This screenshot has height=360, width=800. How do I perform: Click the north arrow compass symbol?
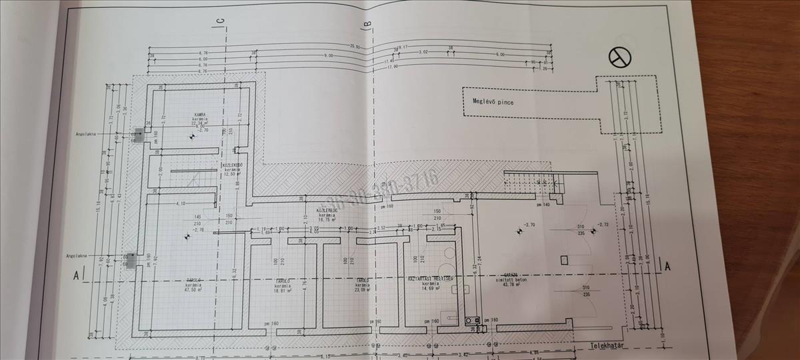click(619, 58)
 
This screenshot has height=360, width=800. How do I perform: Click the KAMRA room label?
click(199, 114)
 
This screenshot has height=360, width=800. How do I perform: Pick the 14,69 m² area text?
click(430, 287)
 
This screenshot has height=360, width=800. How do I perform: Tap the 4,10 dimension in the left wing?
click(161, 203)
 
